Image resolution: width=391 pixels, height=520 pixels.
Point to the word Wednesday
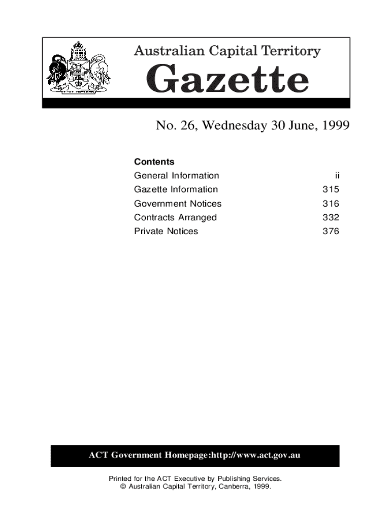pos(231,125)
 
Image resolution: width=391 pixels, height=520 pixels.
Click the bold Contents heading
pos(154,162)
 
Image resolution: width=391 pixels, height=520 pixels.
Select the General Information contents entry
pos(176,176)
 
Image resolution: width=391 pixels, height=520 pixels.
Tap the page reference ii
pos(337,176)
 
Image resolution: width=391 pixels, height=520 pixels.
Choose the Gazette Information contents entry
pos(176,189)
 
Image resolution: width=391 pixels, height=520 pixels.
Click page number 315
pos(331,190)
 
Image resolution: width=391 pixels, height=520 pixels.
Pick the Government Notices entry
pos(178,204)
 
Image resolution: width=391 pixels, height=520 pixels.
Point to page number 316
pos(331,204)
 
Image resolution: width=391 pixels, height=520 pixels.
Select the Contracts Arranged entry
pos(175,217)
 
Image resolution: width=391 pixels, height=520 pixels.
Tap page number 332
pos(331,217)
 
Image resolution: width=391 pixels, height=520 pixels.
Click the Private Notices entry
pos(166,232)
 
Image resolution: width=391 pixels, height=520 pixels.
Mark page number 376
pos(331,232)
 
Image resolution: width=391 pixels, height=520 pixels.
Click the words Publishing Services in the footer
pos(254,478)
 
